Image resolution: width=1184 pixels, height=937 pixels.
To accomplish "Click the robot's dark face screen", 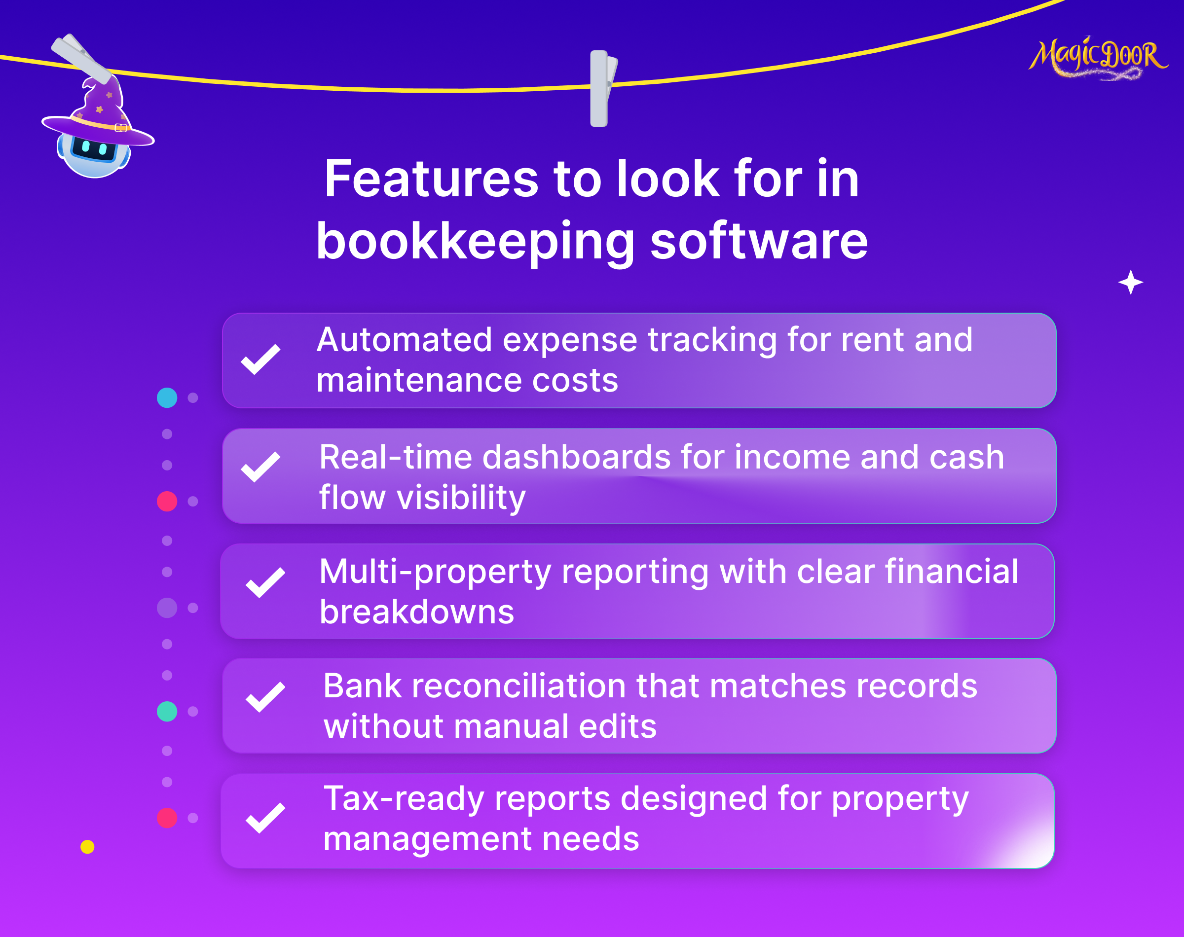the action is (x=94, y=148).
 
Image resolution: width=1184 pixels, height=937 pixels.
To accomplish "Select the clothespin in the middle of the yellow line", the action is (x=603, y=88).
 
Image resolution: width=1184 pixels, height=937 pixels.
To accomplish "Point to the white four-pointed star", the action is (x=1130, y=282).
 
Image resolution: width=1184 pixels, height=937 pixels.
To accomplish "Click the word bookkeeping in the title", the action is (x=475, y=241).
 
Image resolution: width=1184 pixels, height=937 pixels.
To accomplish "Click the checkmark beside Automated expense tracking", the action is (x=260, y=360).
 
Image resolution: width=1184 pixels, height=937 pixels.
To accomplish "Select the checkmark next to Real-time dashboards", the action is (x=260, y=467).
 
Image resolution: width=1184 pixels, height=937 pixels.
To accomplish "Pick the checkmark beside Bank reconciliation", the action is (x=265, y=697).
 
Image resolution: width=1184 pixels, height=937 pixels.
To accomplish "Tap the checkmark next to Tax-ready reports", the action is (x=265, y=818).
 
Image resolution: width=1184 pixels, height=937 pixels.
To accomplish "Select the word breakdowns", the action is (x=417, y=612).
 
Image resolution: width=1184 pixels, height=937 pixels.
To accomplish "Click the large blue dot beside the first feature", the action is (x=167, y=397).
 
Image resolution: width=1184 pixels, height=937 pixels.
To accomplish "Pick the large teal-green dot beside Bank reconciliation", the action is (x=167, y=711).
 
